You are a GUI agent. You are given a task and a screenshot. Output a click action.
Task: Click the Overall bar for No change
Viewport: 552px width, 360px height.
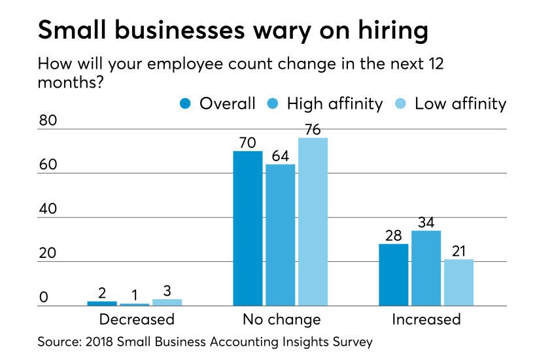tap(249, 228)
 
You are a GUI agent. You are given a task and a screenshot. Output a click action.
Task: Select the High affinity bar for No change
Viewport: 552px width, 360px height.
tap(281, 235)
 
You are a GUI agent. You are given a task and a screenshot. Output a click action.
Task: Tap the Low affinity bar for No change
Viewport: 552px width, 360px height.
tap(313, 222)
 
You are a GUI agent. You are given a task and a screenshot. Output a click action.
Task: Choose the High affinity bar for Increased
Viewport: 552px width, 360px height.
tap(426, 268)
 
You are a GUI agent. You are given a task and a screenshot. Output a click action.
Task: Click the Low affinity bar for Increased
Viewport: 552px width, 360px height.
tap(458, 283)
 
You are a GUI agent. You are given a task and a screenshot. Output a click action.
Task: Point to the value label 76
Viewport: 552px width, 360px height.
tap(313, 128)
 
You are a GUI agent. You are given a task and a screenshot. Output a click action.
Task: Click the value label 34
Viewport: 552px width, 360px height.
tap(426, 221)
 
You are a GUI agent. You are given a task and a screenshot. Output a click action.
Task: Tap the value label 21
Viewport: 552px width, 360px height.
tap(458, 250)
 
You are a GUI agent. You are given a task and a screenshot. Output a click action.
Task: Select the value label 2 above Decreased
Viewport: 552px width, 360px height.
tap(102, 292)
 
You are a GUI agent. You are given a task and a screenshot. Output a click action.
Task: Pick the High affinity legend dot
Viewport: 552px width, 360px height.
tap(273, 104)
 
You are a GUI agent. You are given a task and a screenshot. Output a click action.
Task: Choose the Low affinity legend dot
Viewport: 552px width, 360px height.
tap(401, 104)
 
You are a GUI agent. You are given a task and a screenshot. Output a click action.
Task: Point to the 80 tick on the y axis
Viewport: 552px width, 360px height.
tap(48, 121)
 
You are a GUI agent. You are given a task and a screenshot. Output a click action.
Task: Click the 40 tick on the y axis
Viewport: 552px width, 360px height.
tap(48, 209)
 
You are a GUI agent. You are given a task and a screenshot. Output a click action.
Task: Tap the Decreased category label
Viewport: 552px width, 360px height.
tap(137, 319)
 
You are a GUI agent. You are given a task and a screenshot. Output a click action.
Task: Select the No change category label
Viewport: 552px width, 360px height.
tap(281, 319)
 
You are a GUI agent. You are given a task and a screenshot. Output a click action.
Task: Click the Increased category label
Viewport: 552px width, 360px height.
tap(426, 319)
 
